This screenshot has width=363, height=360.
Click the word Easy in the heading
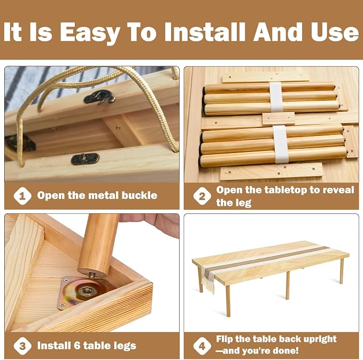pyautogui.click(x=90, y=32)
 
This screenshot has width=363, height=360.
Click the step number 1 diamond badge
pyautogui.click(x=22, y=196)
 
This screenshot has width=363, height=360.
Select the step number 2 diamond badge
pyautogui.click(x=202, y=196)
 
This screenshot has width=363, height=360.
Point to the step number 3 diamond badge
pyautogui.click(x=22, y=346)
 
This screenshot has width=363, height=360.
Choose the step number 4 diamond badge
pyautogui.click(x=202, y=346)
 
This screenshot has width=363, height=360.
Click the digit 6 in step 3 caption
pyautogui.click(x=77, y=346)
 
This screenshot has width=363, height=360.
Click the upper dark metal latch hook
pyautogui.click(x=99, y=97)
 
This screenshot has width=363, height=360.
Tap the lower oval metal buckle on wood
pyautogui.click(x=85, y=159)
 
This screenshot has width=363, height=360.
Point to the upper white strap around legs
pyautogui.click(x=276, y=97)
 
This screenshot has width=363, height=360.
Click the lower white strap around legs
pyautogui.click(x=280, y=144)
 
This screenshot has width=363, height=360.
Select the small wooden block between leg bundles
pyautogui.click(x=279, y=118)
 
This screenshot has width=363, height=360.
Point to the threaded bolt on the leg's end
pyautogui.click(x=92, y=275)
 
